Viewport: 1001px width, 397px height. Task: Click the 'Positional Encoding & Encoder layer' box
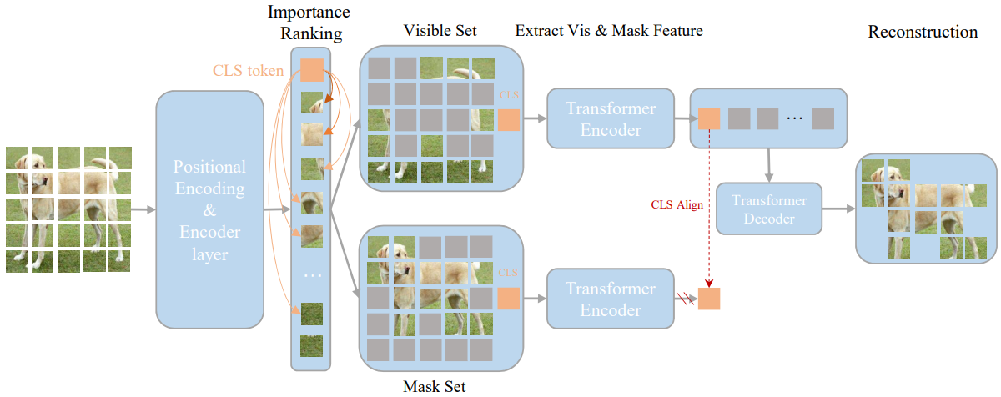(209, 210)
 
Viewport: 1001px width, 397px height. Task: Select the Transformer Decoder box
(769, 209)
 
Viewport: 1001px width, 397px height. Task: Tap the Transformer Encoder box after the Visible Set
(611, 118)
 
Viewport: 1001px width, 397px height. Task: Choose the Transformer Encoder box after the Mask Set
(611, 299)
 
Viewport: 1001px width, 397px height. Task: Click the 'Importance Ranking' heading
(309, 23)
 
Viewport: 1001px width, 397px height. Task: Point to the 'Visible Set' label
(440, 30)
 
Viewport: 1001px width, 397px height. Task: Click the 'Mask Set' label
(434, 386)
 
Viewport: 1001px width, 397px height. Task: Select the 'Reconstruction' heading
(923, 32)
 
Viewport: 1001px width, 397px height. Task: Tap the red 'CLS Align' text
(677, 204)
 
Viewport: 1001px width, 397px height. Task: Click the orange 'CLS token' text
(248, 71)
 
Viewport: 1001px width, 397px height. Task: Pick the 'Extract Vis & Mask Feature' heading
(609, 30)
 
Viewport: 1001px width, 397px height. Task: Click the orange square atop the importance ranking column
(312, 70)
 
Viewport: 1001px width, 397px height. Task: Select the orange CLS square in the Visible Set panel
(509, 120)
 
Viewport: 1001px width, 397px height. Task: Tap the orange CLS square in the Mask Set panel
(509, 299)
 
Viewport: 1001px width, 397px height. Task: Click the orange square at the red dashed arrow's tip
(709, 299)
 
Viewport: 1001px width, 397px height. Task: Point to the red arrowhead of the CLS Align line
(709, 284)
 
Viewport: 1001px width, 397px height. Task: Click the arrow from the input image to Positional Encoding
(143, 209)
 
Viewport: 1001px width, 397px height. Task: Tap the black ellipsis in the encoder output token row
(794, 118)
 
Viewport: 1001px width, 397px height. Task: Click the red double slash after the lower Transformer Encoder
(685, 299)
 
